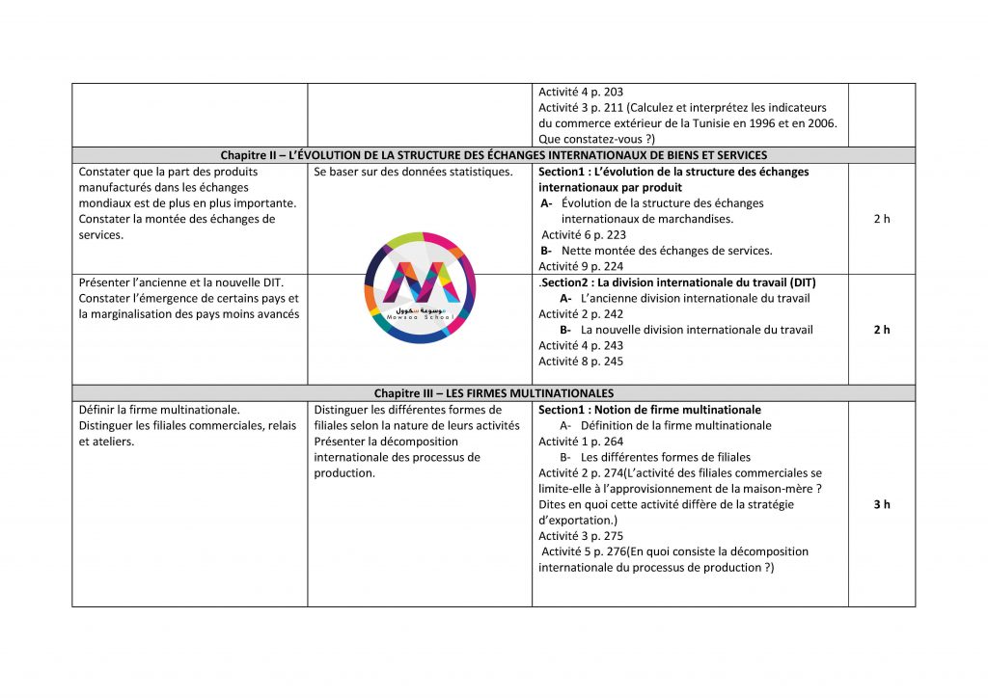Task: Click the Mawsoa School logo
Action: click(x=420, y=286)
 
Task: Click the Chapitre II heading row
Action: click(x=493, y=155)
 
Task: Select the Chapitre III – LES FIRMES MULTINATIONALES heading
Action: click(x=493, y=393)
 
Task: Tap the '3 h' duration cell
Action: click(x=881, y=504)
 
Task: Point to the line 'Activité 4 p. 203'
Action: click(x=581, y=93)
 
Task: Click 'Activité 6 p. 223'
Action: click(x=584, y=234)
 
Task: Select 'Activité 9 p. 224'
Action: click(x=581, y=266)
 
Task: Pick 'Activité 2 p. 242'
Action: click(x=581, y=314)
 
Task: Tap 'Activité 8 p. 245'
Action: click(x=581, y=362)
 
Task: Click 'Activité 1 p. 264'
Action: click(x=581, y=442)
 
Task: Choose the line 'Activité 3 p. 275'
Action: click(x=581, y=536)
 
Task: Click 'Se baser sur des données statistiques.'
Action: click(x=413, y=172)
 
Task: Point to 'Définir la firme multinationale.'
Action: click(x=159, y=410)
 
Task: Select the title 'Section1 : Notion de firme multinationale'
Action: click(x=649, y=410)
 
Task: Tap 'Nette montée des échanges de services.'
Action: click(x=667, y=251)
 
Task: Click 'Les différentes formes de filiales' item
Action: click(x=666, y=457)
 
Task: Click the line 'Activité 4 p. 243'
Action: click(x=581, y=346)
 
